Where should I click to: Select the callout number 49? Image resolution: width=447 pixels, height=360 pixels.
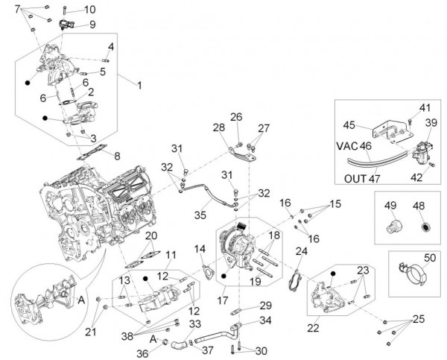click(x=390, y=205)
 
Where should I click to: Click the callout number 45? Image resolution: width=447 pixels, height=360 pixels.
click(x=349, y=124)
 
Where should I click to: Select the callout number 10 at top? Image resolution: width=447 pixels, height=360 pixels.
click(x=89, y=10)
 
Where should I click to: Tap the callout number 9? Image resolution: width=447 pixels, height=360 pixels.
click(x=92, y=24)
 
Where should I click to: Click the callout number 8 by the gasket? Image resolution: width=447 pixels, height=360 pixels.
click(x=116, y=156)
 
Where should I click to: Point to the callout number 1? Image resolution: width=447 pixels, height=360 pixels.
click(x=138, y=84)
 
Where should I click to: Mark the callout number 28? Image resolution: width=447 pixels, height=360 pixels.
click(x=219, y=128)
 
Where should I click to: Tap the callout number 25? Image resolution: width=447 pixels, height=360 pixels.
click(x=417, y=319)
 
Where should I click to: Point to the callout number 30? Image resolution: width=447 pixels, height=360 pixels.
click(x=260, y=351)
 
